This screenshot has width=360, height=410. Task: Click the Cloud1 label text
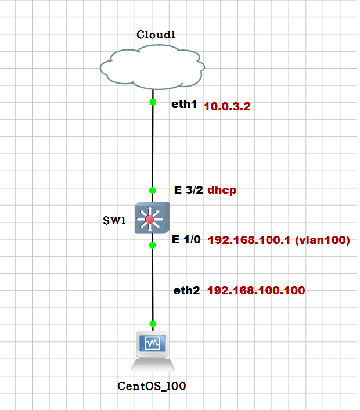point(156,35)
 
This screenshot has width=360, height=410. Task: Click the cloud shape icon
point(152,65)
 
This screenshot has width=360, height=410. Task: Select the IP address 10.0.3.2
point(227,107)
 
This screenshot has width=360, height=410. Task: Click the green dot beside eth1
point(153,102)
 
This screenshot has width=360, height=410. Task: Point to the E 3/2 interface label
point(188,190)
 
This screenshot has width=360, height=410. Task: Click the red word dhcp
point(222,190)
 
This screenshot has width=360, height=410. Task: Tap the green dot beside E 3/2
point(153,190)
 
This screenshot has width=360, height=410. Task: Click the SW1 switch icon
point(152,218)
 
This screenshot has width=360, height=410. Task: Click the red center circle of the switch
point(151,220)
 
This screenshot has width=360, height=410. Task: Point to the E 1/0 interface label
point(188,240)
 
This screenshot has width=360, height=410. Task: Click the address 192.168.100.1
point(248,240)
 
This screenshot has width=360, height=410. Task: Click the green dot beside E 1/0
point(153,245)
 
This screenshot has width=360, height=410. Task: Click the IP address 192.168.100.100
point(255,290)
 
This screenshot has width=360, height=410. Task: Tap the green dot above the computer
point(153,323)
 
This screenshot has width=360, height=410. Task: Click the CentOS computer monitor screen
point(152,344)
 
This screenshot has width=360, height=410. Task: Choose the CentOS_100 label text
point(152,385)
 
